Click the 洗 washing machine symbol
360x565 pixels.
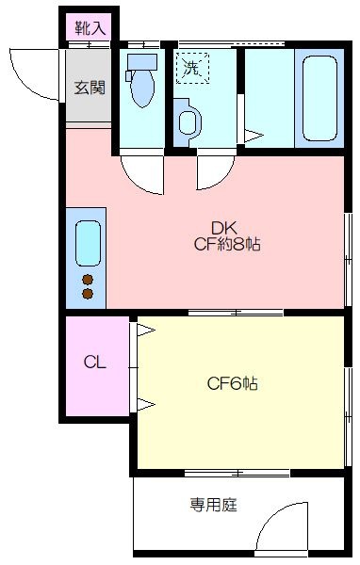[x=193, y=68]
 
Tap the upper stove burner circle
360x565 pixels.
[x=89, y=279]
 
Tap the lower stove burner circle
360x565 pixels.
[x=89, y=295]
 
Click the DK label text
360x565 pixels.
[x=222, y=227]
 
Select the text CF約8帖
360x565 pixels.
[x=227, y=245]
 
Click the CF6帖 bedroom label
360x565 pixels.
[x=233, y=384]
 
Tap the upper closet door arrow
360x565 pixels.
[x=146, y=331]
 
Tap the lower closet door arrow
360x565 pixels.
[x=146, y=405]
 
